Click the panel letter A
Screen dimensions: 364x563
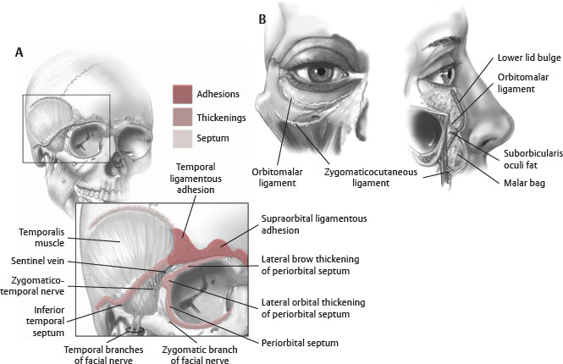19,52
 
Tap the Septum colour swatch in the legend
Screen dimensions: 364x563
184,137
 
